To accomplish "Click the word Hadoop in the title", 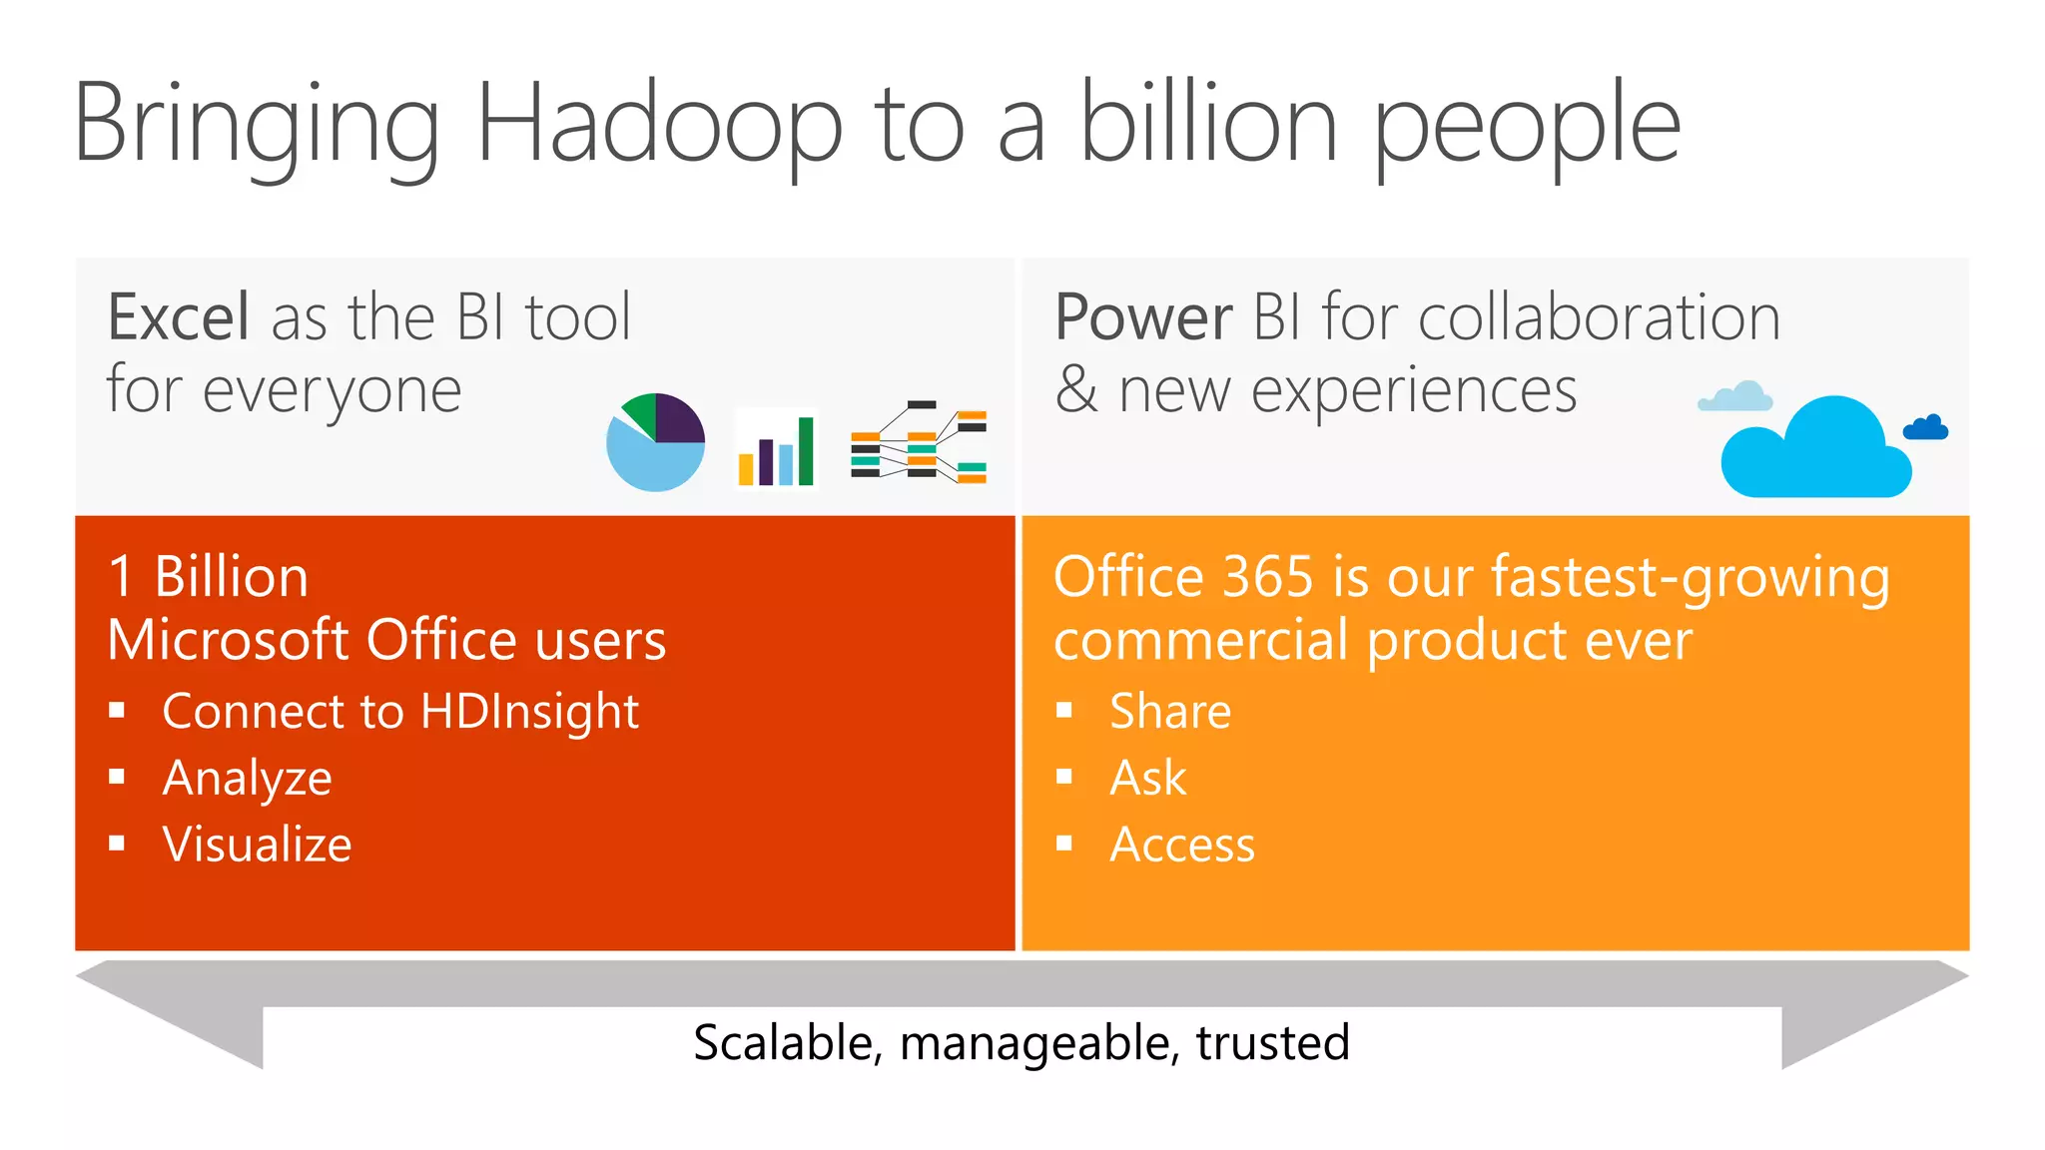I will pyautogui.click(x=659, y=125).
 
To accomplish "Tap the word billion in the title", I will pyautogui.click(x=1208, y=125).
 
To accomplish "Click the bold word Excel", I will pyautogui.click(x=178, y=317).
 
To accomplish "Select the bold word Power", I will pyautogui.click(x=1143, y=317).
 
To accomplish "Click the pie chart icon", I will pyautogui.click(x=656, y=442).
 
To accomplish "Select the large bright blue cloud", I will pyautogui.click(x=1815, y=451).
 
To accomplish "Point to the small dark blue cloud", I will pyautogui.click(x=1925, y=428).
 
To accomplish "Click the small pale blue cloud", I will pyautogui.click(x=1735, y=397).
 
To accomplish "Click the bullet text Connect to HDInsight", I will pyautogui.click(x=399, y=712).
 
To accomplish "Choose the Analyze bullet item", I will pyautogui.click(x=247, y=779).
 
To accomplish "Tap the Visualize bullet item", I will pyautogui.click(x=257, y=845).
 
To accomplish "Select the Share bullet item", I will pyautogui.click(x=1170, y=712).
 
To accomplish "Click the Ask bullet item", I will pyautogui.click(x=1148, y=779).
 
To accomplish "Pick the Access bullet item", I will pyautogui.click(x=1182, y=845).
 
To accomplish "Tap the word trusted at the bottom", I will pyautogui.click(x=1272, y=1042).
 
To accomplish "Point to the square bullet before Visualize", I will pyautogui.click(x=117, y=844).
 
